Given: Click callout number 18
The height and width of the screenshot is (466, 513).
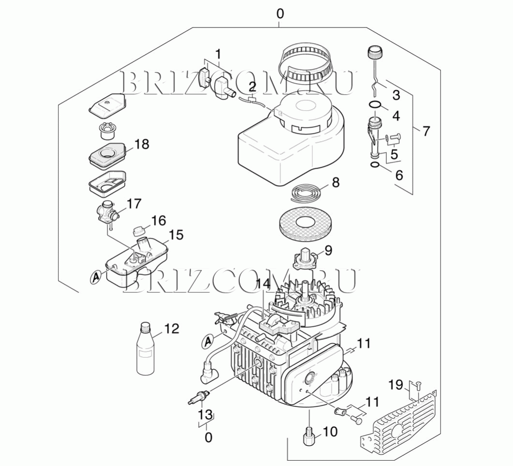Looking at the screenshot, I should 142,144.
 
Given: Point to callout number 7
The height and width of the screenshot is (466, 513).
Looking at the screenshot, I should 425,131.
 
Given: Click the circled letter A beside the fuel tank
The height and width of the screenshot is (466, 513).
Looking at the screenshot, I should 96,277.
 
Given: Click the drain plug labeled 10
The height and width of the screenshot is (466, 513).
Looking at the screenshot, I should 308,437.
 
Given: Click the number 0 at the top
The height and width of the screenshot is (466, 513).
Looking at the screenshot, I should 280,14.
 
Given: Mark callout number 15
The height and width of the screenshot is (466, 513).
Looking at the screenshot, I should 176,235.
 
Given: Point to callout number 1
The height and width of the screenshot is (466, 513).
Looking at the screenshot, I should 218,54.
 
